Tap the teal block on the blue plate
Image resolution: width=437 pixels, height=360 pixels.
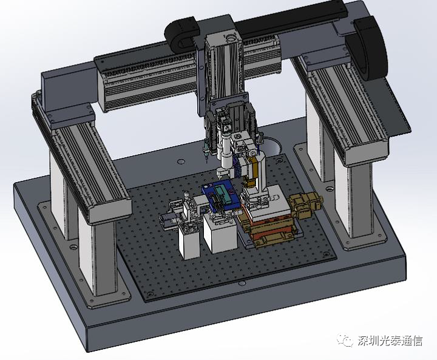point(222,193)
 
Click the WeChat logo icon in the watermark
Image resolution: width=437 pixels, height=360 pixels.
point(345,340)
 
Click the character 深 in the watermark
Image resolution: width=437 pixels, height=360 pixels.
point(364,341)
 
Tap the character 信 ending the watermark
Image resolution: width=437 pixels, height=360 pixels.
point(416,341)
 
